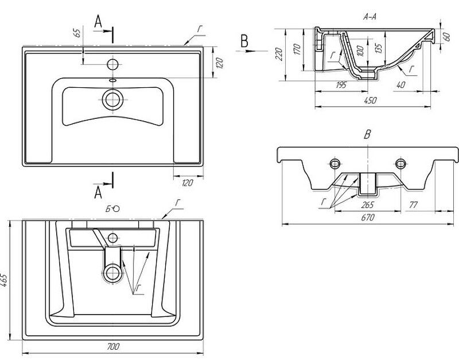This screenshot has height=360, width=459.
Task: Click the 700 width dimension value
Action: click(x=113, y=347)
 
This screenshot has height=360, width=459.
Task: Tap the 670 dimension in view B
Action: click(x=367, y=218)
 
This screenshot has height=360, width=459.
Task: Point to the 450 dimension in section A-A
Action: click(x=371, y=100)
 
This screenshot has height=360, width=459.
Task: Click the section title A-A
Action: click(x=370, y=17)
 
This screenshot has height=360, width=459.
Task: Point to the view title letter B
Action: click(x=368, y=135)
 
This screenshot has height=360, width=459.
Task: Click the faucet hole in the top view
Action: click(x=112, y=63)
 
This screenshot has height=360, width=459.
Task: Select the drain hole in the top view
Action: click(x=112, y=99)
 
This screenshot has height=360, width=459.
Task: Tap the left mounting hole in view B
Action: click(x=334, y=162)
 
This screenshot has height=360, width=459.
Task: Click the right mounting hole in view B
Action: click(x=400, y=162)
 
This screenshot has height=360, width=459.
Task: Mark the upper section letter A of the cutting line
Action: click(x=98, y=22)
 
